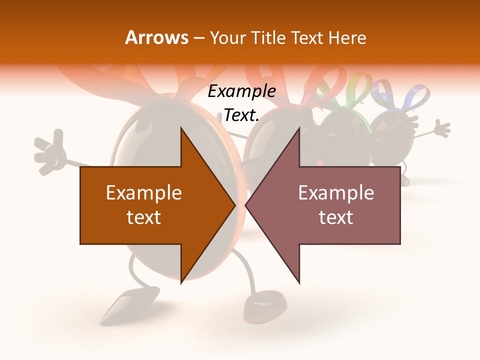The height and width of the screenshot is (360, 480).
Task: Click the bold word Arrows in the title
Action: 156,37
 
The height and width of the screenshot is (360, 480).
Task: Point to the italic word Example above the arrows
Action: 241,91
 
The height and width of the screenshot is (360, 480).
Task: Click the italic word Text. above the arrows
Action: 241,115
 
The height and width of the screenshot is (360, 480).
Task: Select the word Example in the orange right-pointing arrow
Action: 144,193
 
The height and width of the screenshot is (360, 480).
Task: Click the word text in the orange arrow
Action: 144,217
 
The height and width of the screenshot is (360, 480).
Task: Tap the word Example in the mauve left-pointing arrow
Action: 336,193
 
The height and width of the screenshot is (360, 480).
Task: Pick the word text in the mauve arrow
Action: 336,217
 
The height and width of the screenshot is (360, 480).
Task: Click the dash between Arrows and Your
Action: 198,38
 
